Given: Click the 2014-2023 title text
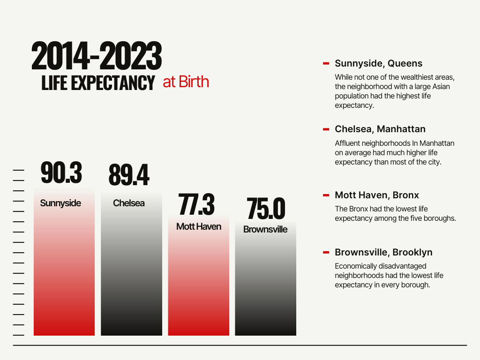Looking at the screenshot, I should point(97,57).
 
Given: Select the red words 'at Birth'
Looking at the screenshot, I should point(186,82).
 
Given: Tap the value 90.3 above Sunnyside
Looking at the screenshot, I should point(61,172).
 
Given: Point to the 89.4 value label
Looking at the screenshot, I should point(129,175).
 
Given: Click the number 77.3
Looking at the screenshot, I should point(196,204).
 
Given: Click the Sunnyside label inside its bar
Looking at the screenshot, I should point(60,203).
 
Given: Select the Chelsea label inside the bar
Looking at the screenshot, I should point(129,203).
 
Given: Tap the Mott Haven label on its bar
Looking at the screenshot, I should point(199,226).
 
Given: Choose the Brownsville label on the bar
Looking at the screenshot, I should point(265,229).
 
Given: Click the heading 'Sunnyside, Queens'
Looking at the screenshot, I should point(378,63).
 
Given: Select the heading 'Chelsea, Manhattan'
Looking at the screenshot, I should point(380,129).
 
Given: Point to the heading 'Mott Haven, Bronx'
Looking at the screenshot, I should point(377,195).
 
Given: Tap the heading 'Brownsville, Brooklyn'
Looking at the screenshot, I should point(383,252).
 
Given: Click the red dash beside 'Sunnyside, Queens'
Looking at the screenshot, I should point(326,63).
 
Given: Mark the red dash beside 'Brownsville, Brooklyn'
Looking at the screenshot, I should point(326,252).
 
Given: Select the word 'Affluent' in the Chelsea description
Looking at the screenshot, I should point(349,143).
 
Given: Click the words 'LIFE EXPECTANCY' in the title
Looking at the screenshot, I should point(98,83).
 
